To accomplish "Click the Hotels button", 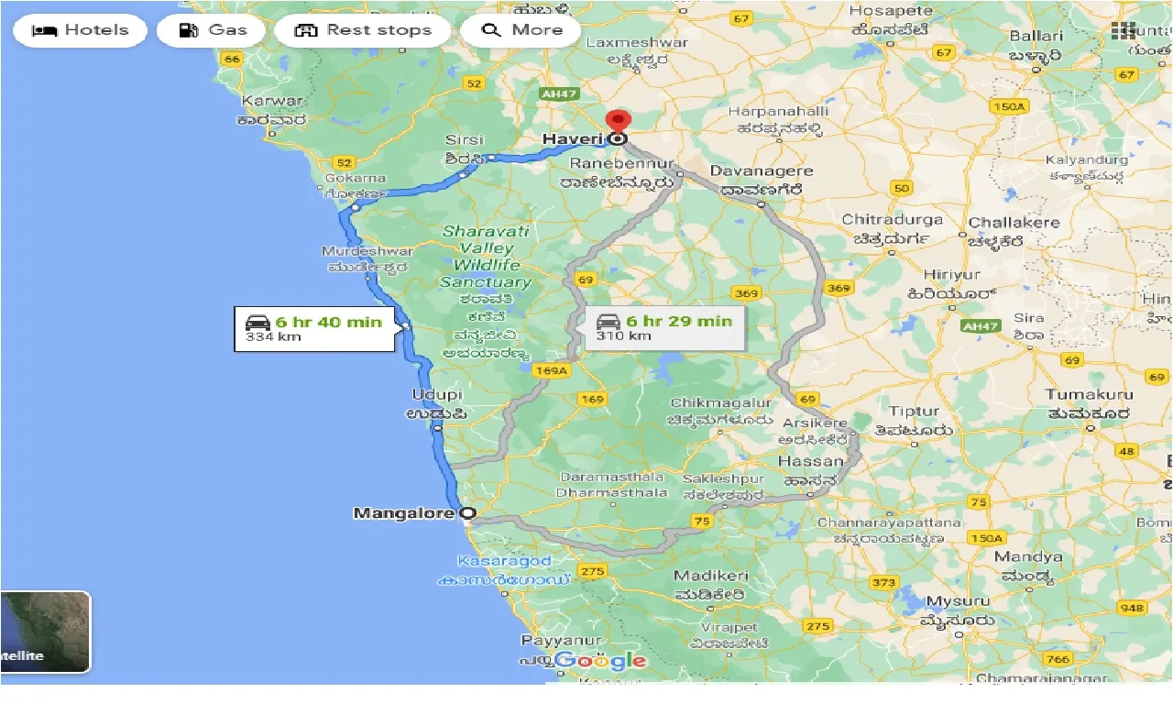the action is (80, 30).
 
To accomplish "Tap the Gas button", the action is (212, 30).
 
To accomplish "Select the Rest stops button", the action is (363, 30).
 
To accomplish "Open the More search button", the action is (521, 30).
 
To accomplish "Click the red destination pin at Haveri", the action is (619, 123).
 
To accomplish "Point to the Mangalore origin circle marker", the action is (467, 513).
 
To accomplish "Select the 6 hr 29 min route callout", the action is (664, 327).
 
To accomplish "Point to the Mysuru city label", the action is (959, 601).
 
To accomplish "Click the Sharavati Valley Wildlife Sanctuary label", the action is (486, 257).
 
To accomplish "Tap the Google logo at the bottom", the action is (600, 660).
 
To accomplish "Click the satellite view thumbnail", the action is (45, 632).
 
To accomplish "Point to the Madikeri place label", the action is (710, 576).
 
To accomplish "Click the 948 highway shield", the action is (1133, 608).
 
